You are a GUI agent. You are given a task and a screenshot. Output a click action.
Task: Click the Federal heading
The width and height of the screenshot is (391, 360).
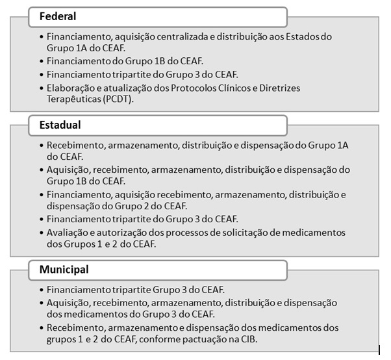tap(57, 16)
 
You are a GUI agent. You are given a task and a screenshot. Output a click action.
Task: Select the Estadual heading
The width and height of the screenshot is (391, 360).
tap(60, 124)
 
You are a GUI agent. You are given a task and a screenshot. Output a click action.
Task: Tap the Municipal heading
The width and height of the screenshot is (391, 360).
tap(64, 269)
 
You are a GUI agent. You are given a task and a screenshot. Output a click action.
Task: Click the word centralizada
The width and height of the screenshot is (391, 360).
tap(179, 36)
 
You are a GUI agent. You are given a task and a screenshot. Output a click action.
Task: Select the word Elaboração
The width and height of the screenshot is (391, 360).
tap(71, 88)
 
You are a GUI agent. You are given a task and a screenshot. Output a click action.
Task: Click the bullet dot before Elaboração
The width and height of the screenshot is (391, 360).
tap(42, 88)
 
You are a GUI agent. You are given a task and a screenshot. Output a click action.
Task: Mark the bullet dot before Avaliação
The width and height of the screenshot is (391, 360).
tap(42, 232)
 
